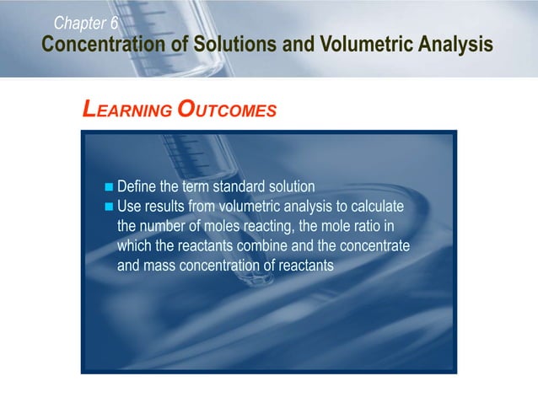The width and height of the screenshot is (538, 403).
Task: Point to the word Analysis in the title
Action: [456, 45]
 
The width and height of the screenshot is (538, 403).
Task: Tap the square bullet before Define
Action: [107, 186]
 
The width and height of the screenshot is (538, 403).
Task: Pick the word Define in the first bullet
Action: [137, 186]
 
